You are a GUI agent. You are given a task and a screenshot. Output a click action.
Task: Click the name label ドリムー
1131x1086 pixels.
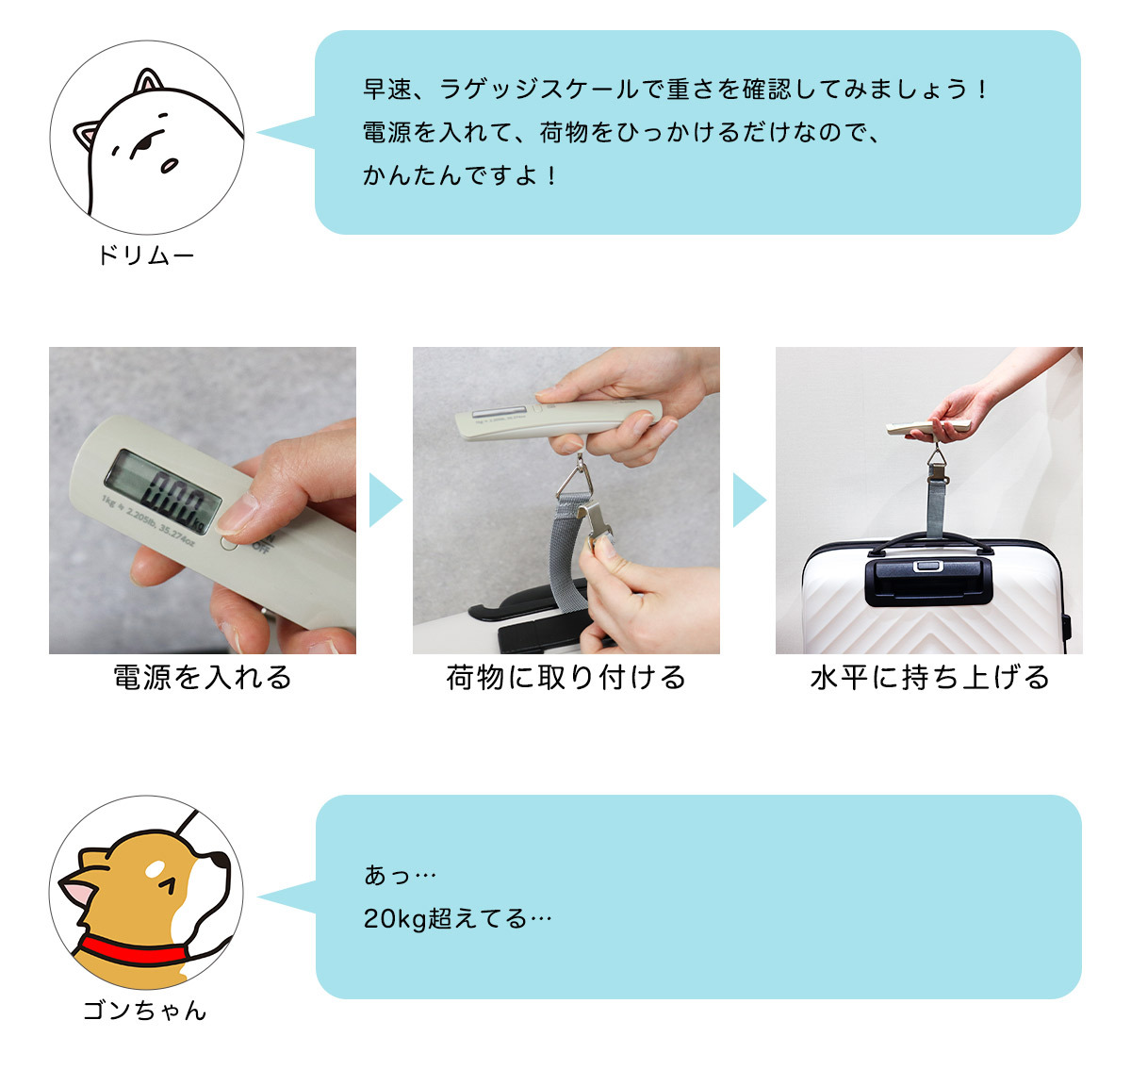pyautogui.click(x=145, y=255)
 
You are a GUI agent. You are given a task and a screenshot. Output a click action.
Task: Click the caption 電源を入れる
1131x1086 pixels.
pyautogui.click(x=203, y=678)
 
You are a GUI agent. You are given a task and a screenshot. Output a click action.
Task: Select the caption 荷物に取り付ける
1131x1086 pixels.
pyautogui.click(x=566, y=678)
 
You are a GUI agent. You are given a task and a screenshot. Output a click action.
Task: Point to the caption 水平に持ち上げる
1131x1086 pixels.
pyautogui.click(x=929, y=678)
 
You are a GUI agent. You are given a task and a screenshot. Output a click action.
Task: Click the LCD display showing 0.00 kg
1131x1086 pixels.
pyautogui.click(x=163, y=492)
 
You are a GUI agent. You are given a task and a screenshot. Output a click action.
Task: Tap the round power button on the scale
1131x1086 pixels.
pyautogui.click(x=230, y=543)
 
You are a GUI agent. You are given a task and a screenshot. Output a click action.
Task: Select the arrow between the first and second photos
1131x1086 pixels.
pyautogui.click(x=385, y=500)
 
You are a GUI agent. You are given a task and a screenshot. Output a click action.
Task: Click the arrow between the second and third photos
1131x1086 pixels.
pyautogui.click(x=748, y=500)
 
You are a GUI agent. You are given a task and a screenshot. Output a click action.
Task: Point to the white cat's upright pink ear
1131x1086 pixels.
pyautogui.click(x=148, y=80)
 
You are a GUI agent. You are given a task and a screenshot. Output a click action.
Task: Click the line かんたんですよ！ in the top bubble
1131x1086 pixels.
pyautogui.click(x=460, y=175)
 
